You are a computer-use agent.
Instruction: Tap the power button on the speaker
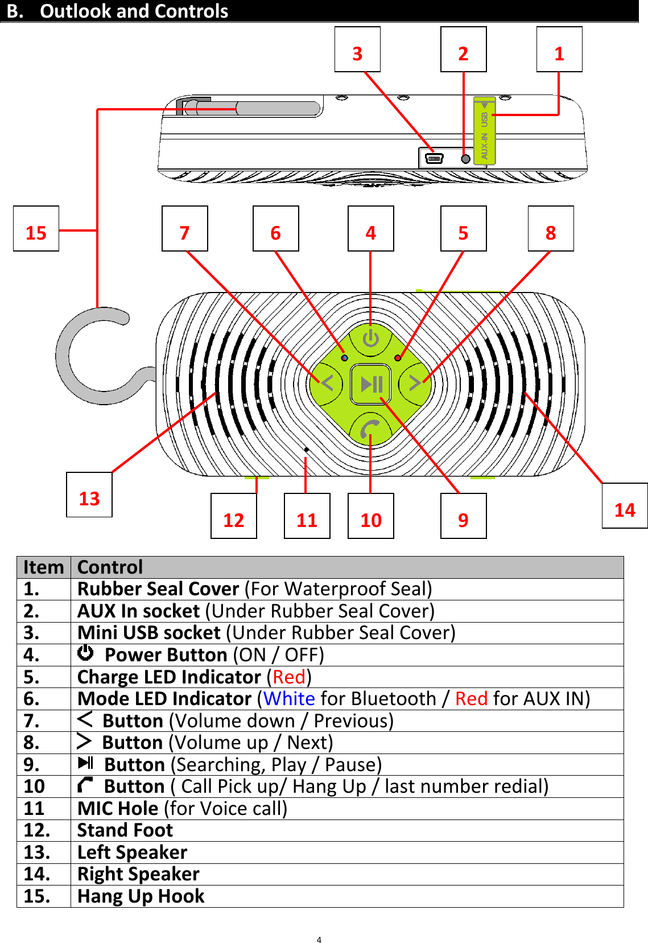370,339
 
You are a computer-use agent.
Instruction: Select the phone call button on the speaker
370,430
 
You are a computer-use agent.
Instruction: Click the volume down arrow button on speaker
326,383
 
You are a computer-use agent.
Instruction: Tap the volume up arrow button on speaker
415,383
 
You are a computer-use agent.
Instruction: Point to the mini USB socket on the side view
434,158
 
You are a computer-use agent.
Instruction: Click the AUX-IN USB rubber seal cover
484,131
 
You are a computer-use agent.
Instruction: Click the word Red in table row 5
289,677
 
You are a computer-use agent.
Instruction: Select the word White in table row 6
289,698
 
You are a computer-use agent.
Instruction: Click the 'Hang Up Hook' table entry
141,896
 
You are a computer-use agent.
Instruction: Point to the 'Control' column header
110,567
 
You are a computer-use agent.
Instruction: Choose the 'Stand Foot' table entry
125,830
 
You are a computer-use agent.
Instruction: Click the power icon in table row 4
85,653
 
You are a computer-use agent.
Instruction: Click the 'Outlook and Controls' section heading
134,11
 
